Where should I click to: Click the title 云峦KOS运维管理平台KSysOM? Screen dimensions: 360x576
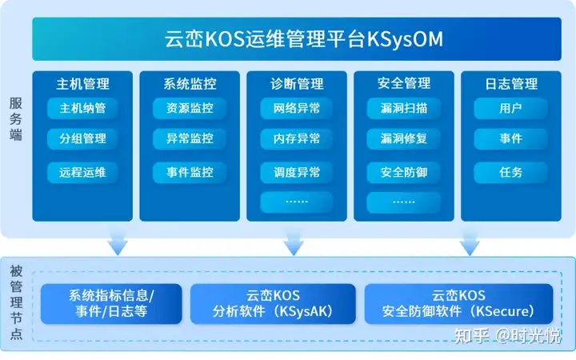point(302,38)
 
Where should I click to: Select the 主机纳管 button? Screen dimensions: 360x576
point(83,108)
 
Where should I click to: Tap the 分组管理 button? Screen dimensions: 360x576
point(83,139)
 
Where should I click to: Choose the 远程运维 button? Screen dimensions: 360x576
point(83,172)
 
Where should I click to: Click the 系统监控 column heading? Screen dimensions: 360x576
point(190,83)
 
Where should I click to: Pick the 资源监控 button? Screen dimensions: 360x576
point(190,108)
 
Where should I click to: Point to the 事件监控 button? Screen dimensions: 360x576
point(190,172)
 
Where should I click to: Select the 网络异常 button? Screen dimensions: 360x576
point(297,108)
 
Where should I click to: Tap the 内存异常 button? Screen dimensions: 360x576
point(297,139)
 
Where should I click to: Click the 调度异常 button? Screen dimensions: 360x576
point(297,172)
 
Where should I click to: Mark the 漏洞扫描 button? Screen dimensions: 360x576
point(404,108)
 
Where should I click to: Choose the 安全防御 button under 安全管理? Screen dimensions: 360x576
point(404,172)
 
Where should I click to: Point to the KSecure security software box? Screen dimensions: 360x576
point(458,304)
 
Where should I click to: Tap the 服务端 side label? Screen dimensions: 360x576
point(16,118)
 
